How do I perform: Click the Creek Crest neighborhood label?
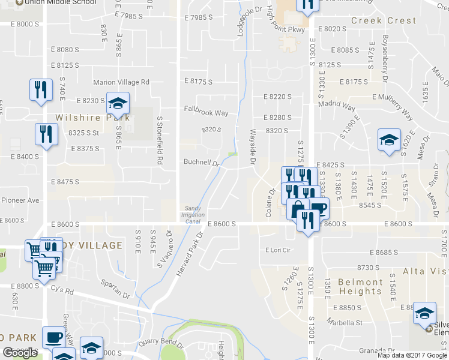[x=384, y=20]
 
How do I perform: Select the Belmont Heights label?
[x=361, y=286]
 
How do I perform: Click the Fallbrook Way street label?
[x=206, y=112]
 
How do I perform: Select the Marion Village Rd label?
[x=121, y=82]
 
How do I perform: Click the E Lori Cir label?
[x=278, y=250]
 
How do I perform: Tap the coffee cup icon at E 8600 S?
[x=318, y=208]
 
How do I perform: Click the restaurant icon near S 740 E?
[x=40, y=90]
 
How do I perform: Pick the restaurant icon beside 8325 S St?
[x=46, y=133]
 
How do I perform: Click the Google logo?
[x=20, y=353]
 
